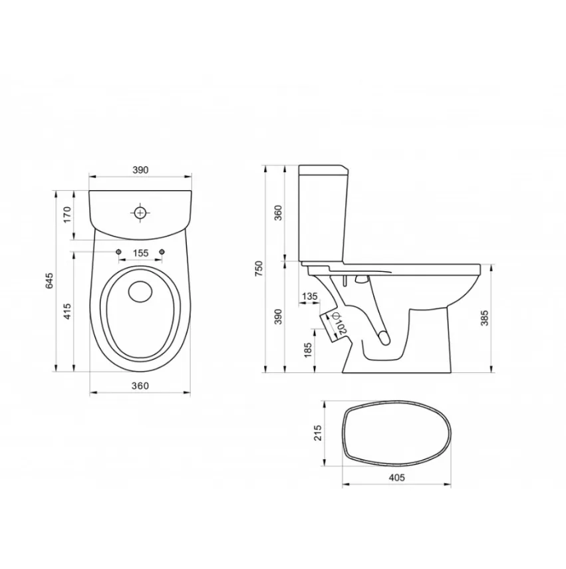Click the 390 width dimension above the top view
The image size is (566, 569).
tap(140, 170)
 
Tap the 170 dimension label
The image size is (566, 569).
tap(67, 215)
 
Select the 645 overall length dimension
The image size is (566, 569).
tap(49, 281)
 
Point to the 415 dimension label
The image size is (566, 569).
tap(67, 311)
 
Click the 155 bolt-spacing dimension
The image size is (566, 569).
tap(140, 253)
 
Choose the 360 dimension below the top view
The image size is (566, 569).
tap(140, 386)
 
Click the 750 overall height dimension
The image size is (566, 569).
tap(259, 269)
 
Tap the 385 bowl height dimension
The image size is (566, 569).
tap(485, 318)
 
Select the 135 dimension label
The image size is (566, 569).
tap(310, 296)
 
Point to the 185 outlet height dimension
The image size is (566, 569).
tap(308, 350)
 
